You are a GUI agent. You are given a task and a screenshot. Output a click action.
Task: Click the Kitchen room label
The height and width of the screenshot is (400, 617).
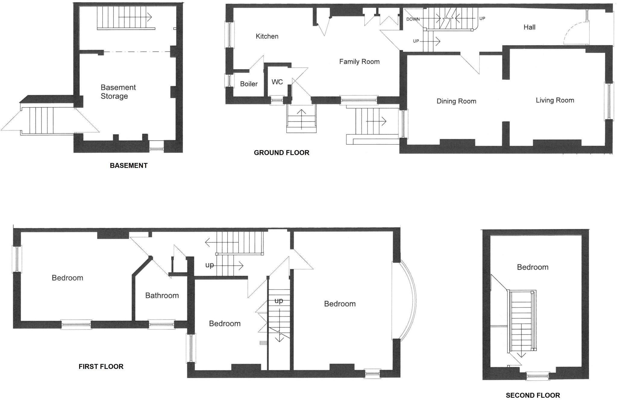(267, 36)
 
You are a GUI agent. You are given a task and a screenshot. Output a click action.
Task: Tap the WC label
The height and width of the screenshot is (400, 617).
(277, 82)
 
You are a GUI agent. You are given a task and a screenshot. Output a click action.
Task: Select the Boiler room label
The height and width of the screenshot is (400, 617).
(249, 84)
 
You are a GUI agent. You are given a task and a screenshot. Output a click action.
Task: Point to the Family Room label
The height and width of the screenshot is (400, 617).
(359, 62)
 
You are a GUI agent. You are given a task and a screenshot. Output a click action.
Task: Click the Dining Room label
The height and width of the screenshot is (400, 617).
(456, 101)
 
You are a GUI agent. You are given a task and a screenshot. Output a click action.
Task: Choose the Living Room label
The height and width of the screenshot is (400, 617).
(555, 100)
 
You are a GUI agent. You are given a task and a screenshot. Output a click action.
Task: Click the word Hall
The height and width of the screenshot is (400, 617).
(529, 27)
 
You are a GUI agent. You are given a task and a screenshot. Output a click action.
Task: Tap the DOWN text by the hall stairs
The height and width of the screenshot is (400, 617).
(413, 19)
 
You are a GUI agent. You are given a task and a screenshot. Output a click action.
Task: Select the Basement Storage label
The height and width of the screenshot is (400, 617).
(118, 92)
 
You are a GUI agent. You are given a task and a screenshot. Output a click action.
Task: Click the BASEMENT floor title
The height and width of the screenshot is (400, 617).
(129, 166)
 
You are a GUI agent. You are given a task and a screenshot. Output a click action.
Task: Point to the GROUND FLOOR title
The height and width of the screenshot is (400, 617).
(281, 153)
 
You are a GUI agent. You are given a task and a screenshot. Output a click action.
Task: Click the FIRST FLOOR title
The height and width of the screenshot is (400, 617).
(101, 367)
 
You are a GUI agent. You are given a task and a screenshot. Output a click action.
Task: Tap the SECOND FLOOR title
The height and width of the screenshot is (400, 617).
(533, 395)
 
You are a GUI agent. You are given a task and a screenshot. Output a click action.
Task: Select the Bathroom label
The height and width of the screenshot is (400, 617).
(162, 295)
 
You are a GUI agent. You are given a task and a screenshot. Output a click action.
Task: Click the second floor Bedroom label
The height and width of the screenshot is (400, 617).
(532, 267)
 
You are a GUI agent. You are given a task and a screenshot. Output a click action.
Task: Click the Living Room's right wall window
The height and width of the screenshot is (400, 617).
(609, 101)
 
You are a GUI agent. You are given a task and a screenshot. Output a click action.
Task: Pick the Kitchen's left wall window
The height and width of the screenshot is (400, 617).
(229, 35)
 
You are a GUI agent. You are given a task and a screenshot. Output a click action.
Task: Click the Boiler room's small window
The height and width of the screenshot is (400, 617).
(229, 80)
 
